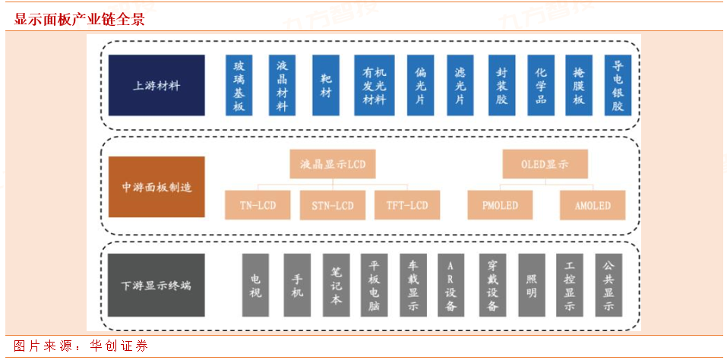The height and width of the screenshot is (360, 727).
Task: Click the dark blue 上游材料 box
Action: pyautogui.click(x=156, y=85)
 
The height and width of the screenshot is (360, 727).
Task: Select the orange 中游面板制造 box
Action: pyautogui.click(x=156, y=187)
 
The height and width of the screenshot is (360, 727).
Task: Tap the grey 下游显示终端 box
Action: pyautogui.click(x=156, y=285)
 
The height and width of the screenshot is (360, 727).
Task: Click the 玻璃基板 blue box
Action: pyautogui.click(x=239, y=85)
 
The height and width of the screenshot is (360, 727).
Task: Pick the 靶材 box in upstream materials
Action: pyautogui.click(x=326, y=85)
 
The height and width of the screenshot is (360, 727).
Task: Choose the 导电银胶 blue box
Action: pyautogui.click(x=618, y=85)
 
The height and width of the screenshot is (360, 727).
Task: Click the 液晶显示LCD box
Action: pyautogui.click(x=333, y=163)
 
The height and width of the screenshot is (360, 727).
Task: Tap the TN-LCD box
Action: pyautogui.click(x=258, y=205)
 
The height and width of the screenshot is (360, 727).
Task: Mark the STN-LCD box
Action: pyautogui.click(x=333, y=205)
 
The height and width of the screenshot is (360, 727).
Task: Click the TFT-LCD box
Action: pyautogui.click(x=407, y=205)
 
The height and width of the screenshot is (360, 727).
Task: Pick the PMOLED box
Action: pyautogui.click(x=500, y=205)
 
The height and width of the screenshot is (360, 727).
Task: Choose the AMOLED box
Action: pyautogui.click(x=593, y=205)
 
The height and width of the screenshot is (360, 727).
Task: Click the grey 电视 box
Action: pyautogui.click(x=255, y=285)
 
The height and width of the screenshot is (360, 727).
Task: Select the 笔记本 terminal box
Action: pyautogui.click(x=336, y=285)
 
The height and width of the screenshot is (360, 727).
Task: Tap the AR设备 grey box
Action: pyautogui.click(x=451, y=285)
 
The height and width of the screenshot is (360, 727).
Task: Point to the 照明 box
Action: pyautogui.click(x=532, y=285)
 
